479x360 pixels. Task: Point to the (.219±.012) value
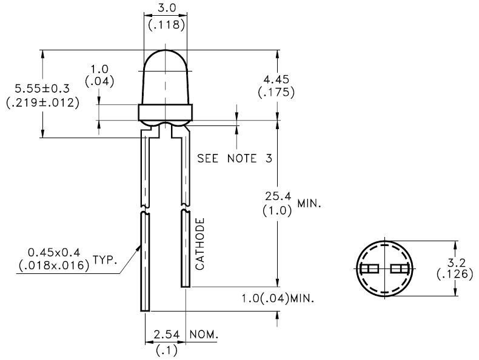coord(42,102)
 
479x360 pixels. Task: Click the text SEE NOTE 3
coord(233,159)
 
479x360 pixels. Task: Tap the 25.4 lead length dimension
coord(280,196)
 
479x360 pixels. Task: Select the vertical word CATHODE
coord(200,244)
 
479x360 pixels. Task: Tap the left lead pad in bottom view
coord(369,269)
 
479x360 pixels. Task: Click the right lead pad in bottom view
coord(400,269)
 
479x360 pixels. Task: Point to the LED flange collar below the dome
coord(165,112)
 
